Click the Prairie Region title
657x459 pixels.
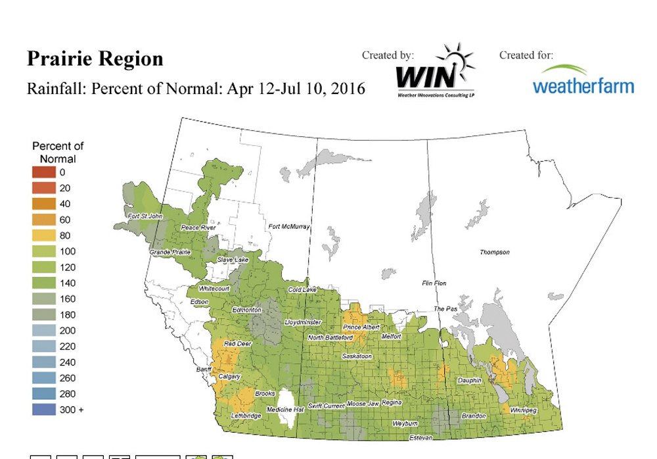(95, 59)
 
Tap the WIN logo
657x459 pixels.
(434, 71)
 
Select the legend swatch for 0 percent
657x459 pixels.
(43, 172)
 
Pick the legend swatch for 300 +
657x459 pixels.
(43, 410)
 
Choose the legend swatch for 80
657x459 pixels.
(43, 235)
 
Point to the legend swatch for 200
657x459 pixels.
(43, 331)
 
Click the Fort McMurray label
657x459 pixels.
(289, 227)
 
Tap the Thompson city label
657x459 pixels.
(494, 253)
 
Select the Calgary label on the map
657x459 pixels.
(229, 377)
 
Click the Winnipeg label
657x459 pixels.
(523, 410)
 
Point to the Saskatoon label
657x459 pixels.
(357, 356)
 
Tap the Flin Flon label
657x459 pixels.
(434, 283)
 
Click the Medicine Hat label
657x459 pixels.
(283, 410)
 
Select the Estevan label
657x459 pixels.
(420, 437)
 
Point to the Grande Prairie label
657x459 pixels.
(170, 252)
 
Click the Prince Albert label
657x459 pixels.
(361, 327)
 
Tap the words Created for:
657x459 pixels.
(526, 55)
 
